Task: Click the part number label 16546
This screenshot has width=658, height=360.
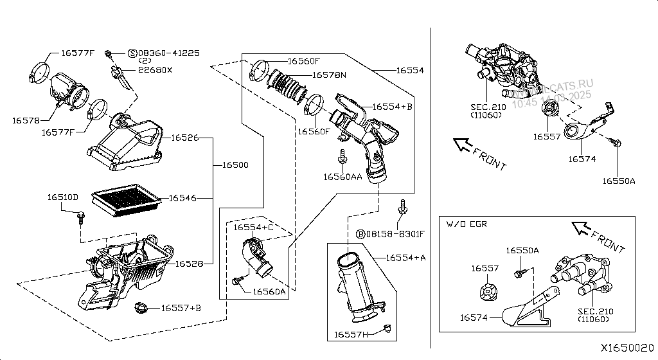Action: click(x=182, y=199)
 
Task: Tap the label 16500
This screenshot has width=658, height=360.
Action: click(x=235, y=165)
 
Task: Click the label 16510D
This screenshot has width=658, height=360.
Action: click(x=63, y=197)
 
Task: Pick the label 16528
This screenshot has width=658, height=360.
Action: click(x=190, y=264)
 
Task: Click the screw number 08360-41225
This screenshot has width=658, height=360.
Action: click(x=168, y=53)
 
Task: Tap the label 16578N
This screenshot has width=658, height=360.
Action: click(x=329, y=75)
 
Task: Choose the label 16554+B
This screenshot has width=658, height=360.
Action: click(x=392, y=107)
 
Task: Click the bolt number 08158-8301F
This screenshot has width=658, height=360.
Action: click(x=395, y=233)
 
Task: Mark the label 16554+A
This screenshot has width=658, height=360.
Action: click(x=405, y=258)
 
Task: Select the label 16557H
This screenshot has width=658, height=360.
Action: click(x=351, y=334)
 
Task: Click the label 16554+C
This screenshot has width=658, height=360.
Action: click(x=253, y=228)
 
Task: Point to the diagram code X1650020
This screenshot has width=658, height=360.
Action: click(x=627, y=347)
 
